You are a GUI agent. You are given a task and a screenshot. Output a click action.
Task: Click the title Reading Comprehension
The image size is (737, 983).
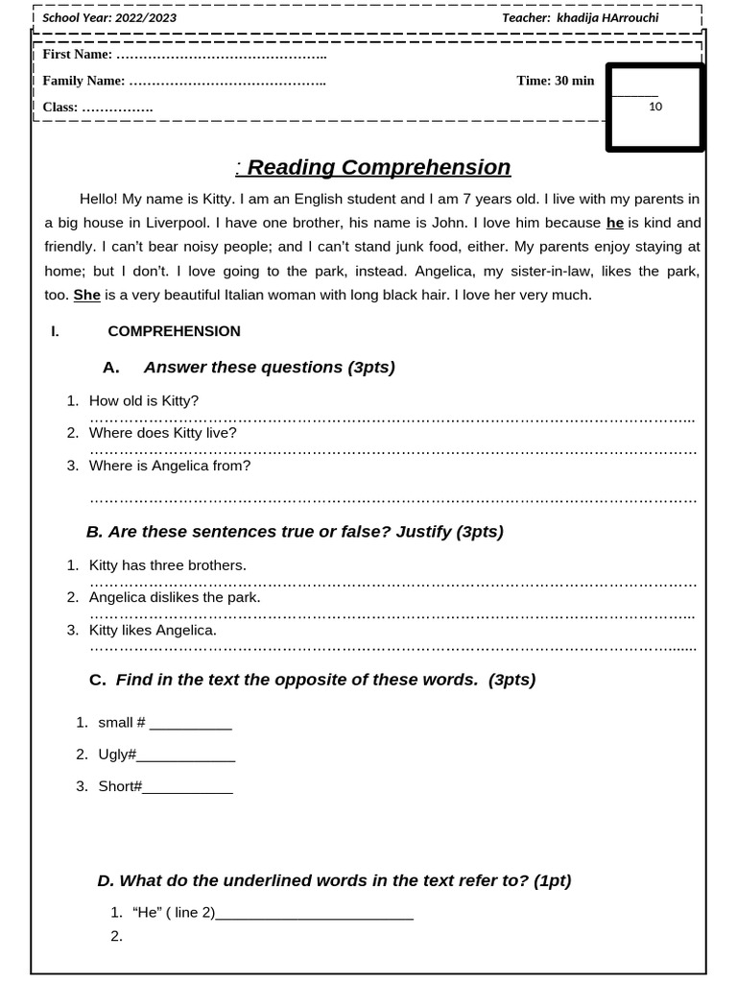[x=378, y=167]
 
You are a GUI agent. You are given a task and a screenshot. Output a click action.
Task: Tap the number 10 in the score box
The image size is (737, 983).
[x=655, y=107]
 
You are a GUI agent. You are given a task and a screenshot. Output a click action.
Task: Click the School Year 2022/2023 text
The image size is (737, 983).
[x=109, y=18]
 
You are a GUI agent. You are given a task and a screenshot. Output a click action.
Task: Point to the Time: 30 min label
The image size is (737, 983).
[x=555, y=81]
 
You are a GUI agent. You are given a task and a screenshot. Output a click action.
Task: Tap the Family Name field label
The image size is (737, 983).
[x=83, y=81]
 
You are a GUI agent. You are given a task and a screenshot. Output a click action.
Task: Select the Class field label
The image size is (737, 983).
[x=59, y=108]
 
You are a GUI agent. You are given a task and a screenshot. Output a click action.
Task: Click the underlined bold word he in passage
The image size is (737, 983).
[x=615, y=223]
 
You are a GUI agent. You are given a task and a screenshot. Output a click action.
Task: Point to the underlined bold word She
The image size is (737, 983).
[x=87, y=295]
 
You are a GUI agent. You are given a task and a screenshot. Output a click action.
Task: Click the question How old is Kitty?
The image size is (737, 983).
[x=144, y=400]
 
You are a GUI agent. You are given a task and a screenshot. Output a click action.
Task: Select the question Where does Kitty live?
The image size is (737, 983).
[x=162, y=433]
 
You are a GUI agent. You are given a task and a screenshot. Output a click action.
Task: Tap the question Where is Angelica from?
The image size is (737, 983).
[x=170, y=466]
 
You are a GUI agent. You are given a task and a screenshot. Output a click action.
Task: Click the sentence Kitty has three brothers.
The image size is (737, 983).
[x=168, y=565]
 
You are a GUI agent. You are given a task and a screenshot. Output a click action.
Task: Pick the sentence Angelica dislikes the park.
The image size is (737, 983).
[x=175, y=597]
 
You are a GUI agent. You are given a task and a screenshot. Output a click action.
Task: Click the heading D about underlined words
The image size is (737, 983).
[x=334, y=880]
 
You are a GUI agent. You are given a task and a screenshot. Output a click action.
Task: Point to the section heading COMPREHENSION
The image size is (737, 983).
[x=174, y=331]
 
